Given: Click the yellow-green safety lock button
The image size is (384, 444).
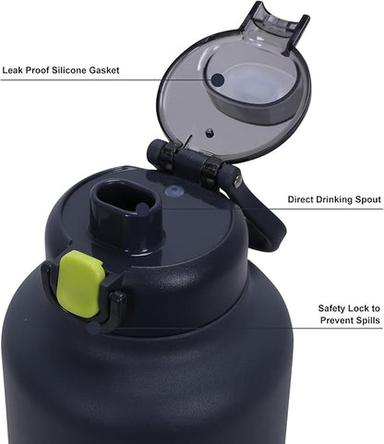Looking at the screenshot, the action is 80,283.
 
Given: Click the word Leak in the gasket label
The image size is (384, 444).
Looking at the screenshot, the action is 12,70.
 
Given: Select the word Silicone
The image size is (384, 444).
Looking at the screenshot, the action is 69,70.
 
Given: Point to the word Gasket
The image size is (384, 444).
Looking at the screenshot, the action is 104,70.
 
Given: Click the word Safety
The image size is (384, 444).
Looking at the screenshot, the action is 332,308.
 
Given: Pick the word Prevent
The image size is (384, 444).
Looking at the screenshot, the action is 336,320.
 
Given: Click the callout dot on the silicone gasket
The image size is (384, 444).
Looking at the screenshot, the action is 218,79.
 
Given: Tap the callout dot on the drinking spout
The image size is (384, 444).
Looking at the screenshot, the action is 142,210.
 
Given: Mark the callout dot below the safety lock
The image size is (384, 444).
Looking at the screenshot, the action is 94,329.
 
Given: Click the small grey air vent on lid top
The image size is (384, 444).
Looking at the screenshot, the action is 174,192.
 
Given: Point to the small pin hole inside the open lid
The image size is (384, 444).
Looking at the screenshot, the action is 210,133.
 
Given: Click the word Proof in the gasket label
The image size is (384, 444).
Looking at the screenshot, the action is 37,70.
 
